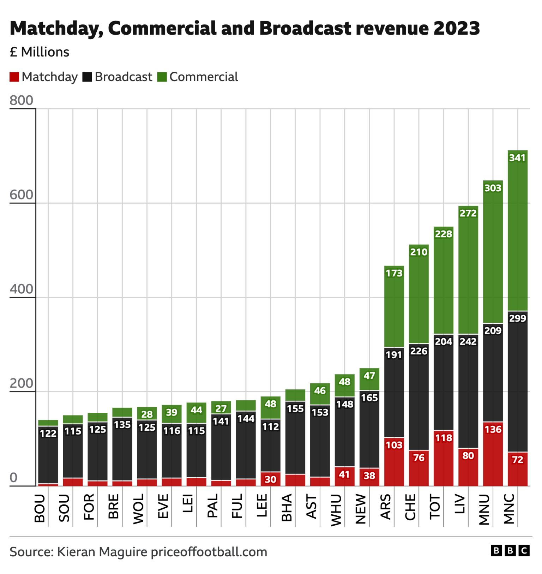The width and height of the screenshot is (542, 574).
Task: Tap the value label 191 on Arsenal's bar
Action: pyautogui.click(x=394, y=355)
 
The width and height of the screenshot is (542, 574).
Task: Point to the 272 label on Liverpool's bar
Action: pyautogui.click(x=468, y=213)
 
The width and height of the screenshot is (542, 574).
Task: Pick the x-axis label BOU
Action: pyautogui.click(x=40, y=508)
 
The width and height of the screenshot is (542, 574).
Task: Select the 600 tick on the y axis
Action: pyautogui.click(x=22, y=195)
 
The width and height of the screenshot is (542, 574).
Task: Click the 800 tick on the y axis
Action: pyautogui.click(x=22, y=101)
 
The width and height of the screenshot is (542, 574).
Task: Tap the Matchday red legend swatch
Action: pyautogui.click(x=14, y=77)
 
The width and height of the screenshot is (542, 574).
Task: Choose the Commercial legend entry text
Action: pyautogui.click(x=204, y=77)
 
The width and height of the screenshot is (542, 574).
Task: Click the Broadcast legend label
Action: pyautogui.click(x=124, y=77)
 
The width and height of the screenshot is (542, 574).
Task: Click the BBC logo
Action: pyautogui.click(x=510, y=551)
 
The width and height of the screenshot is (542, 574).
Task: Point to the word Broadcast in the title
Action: pyautogui.click(x=305, y=28)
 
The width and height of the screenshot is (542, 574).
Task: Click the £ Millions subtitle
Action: pyautogui.click(x=40, y=52)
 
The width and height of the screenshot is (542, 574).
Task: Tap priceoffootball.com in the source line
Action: pyautogui.click(x=209, y=552)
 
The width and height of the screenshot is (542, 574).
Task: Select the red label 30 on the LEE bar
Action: pyautogui.click(x=270, y=479)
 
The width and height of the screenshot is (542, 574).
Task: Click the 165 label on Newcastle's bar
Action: pyautogui.click(x=369, y=398)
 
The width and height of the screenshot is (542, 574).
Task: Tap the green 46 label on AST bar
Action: pyautogui.click(x=320, y=391)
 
